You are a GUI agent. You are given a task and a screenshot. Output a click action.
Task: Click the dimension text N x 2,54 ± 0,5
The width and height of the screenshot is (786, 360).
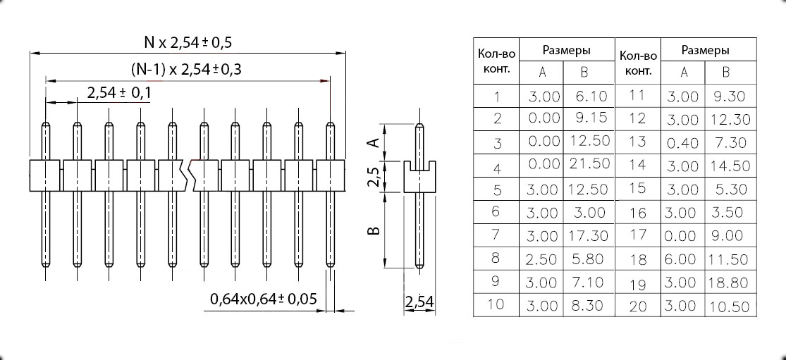pyautogui.click(x=188, y=42)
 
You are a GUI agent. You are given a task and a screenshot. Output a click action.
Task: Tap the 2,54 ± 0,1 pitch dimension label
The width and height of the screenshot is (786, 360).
pyautogui.click(x=120, y=93)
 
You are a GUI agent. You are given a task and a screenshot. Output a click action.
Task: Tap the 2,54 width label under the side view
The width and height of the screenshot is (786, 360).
pyautogui.click(x=419, y=303)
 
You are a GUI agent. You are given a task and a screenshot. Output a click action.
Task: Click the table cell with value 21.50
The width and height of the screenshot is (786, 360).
pyautogui.click(x=590, y=165)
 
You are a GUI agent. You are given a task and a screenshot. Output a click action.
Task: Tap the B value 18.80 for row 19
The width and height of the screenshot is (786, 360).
pyautogui.click(x=729, y=283)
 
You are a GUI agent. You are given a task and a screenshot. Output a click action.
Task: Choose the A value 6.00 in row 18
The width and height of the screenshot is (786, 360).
pyautogui.click(x=681, y=259)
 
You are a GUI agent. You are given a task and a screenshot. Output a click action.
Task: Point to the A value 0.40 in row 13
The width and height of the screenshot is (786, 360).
pyautogui.click(x=681, y=143)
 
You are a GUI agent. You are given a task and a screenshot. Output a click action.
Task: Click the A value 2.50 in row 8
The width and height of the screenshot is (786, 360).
pyautogui.click(x=542, y=259)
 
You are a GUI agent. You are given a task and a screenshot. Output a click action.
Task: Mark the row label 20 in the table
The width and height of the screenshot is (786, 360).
pyautogui.click(x=637, y=306)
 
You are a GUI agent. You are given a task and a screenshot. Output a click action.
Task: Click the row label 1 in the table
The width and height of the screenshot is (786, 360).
pyautogui.click(x=497, y=97)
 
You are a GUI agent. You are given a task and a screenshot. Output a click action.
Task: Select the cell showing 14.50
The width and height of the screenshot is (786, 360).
pyautogui.click(x=729, y=166)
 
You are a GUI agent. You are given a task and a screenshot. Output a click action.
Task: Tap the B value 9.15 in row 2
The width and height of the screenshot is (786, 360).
pyautogui.click(x=590, y=118)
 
